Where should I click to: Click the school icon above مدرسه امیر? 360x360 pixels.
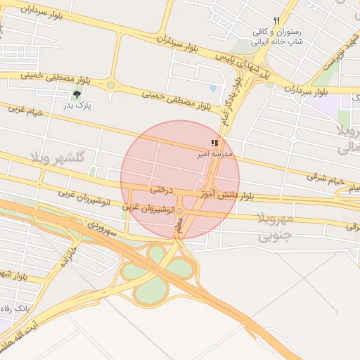click(x=214, y=143)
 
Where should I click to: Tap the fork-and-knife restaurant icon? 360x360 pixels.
click(x=277, y=21)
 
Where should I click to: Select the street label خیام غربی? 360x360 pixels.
click(x=25, y=111)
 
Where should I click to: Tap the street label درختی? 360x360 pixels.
click(x=161, y=189)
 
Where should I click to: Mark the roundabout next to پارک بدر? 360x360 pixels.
click(x=110, y=85)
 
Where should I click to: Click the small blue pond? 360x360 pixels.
click(x=212, y=89)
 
